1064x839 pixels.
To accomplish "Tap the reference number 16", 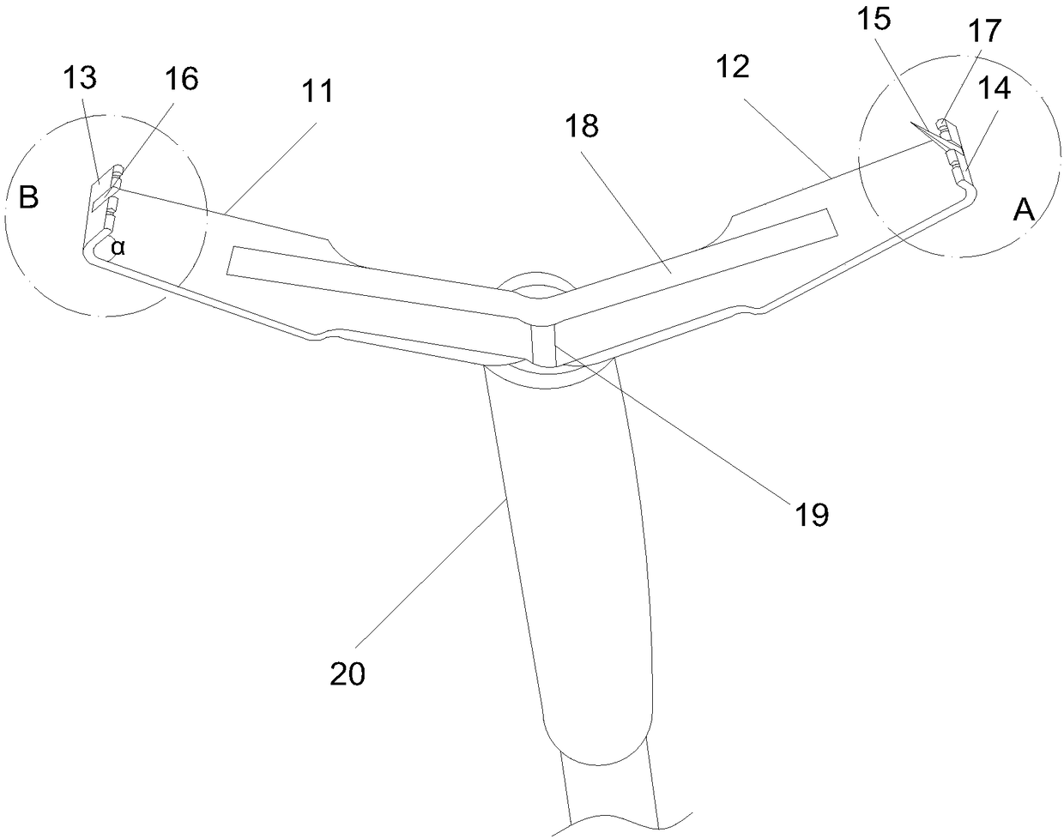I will click(x=181, y=78).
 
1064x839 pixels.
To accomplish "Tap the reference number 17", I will click(x=984, y=31).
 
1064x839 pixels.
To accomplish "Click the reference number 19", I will click(x=812, y=514).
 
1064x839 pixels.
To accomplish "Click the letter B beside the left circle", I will click(x=28, y=198).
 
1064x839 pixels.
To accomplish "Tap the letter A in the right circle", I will click(x=1024, y=210).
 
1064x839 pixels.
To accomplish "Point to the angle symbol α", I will click(x=118, y=247).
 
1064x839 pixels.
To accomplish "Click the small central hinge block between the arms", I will click(x=542, y=341).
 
